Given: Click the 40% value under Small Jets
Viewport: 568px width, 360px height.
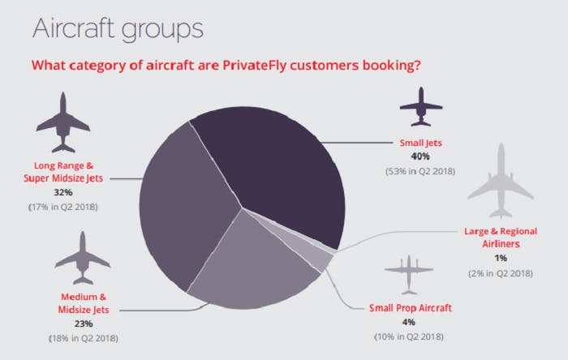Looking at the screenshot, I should [x=420, y=156].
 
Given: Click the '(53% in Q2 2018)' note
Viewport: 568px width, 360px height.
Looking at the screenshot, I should [x=420, y=171].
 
